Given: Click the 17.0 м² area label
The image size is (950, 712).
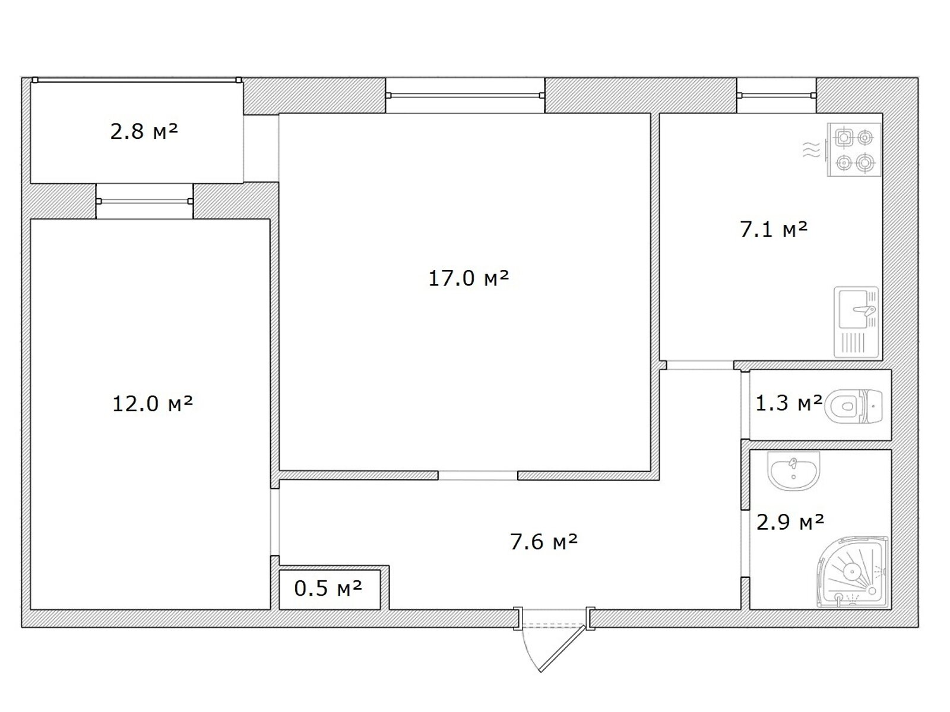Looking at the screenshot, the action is pos(468,278).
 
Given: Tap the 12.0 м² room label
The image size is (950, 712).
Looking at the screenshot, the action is pos(153,404).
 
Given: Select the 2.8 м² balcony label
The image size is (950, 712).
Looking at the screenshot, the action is pos(144,131).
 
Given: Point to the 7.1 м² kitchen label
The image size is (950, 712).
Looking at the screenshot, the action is pos(774,229).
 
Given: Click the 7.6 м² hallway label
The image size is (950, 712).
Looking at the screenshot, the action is pos(544,542).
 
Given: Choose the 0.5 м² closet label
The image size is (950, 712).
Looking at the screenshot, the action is pos(328,588).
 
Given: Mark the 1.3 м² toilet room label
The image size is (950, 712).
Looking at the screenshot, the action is pos(788,403).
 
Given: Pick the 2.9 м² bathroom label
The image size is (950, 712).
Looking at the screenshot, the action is pos(790,522).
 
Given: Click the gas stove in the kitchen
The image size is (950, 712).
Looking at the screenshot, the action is pos(854,150).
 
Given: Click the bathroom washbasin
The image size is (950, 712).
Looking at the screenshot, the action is pos(793,471).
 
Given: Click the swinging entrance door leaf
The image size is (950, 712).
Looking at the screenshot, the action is pos(563,649).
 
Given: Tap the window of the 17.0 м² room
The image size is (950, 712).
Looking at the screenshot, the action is pos(465,96).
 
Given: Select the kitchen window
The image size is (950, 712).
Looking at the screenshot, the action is pos(777,96).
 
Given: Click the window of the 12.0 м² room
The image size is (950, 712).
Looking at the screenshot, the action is pos(144,201).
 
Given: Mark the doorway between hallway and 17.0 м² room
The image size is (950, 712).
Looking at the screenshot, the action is pos(478,475).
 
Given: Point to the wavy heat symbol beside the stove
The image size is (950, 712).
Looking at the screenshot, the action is pos(812,150).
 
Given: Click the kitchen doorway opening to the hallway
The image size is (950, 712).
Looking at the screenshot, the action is pos(700,365).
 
